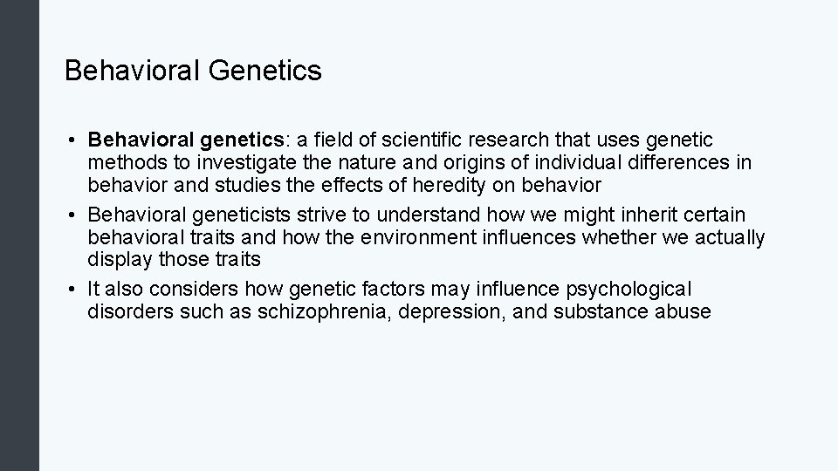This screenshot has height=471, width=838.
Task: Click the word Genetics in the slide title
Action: pyautogui.click(x=264, y=71)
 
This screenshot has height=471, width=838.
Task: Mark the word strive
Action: pyautogui.click(x=322, y=215)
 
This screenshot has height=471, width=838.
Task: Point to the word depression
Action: pyautogui.click(x=450, y=311)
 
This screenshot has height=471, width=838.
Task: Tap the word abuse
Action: pyautogui.click(x=683, y=311)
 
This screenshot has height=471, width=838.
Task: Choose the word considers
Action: pyautogui.click(x=203, y=289)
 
